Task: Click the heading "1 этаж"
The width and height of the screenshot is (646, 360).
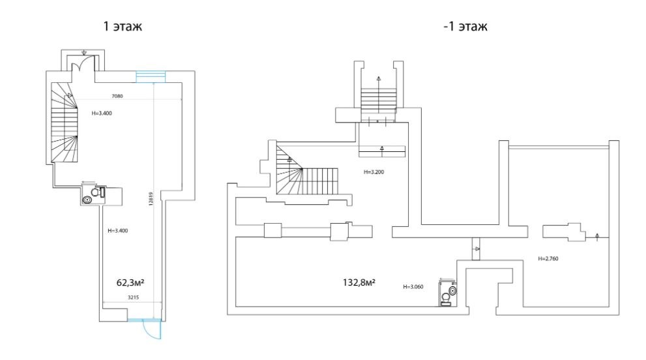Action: click(x=123, y=26)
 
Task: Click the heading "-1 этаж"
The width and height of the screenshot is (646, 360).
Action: click(x=465, y=26)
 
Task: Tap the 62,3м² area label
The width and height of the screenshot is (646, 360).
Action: click(x=130, y=282)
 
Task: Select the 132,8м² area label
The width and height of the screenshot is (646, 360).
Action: click(x=359, y=282)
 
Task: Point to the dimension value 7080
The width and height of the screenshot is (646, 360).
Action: click(x=117, y=96)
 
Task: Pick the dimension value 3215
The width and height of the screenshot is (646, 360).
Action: click(x=133, y=297)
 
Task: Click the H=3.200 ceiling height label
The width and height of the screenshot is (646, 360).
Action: click(x=374, y=172)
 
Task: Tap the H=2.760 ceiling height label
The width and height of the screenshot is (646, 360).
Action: click(x=548, y=258)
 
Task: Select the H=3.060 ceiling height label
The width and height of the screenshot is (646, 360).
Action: click(x=413, y=286)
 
